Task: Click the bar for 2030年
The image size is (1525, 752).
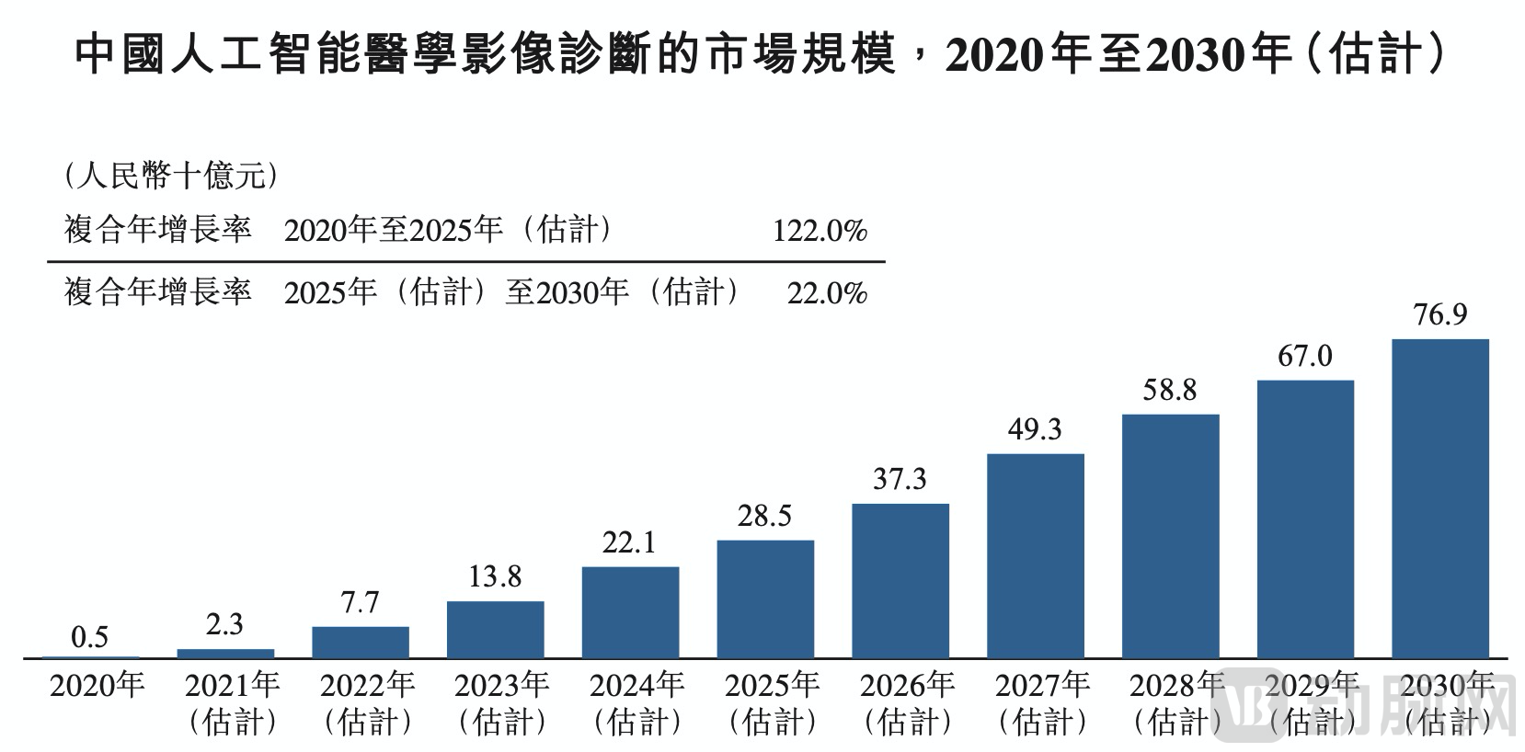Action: tap(1439, 498)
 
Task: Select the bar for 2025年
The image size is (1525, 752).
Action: tap(765, 598)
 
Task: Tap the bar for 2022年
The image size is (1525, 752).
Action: tap(361, 642)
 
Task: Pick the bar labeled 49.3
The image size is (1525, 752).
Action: tap(1035, 555)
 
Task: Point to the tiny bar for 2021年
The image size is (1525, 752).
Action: tap(225, 653)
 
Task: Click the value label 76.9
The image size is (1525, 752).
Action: tap(1440, 315)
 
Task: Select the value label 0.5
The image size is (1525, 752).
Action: tap(90, 637)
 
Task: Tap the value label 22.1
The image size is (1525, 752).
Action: tap(630, 543)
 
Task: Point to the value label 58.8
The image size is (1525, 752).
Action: tap(1170, 391)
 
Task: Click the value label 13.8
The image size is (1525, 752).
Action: tap(495, 577)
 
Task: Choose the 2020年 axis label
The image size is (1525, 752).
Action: tap(97, 686)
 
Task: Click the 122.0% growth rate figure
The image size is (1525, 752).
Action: tap(820, 231)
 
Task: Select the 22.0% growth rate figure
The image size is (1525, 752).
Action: tap(827, 293)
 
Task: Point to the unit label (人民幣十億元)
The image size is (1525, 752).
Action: tap(170, 176)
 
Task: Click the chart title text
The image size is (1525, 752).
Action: tap(762, 56)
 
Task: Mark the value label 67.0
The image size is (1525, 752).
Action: tap(1304, 357)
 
